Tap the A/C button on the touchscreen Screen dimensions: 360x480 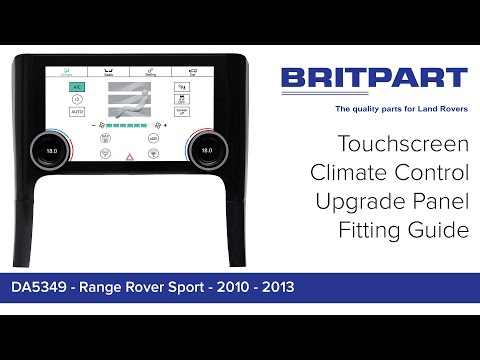point(76,87)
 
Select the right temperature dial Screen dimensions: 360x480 point(207,151)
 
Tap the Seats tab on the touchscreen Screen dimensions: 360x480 point(108,71)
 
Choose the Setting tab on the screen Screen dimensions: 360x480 point(149,71)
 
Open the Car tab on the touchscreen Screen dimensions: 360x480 point(190,71)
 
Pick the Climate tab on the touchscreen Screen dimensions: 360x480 point(67,71)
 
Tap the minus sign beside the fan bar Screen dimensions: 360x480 point(92,127)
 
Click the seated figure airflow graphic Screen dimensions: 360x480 point(127,101)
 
